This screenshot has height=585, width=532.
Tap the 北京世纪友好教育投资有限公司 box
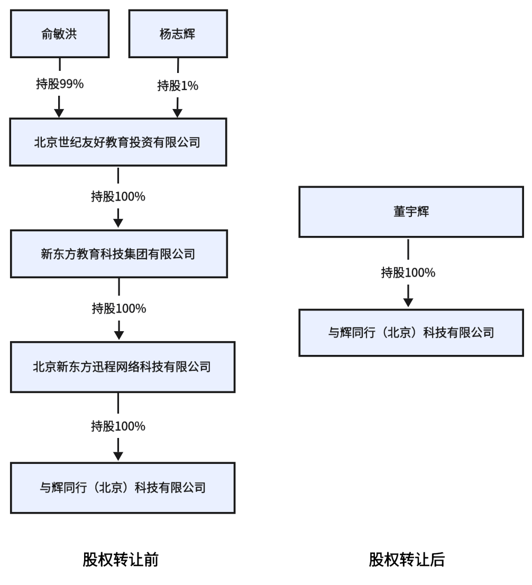(118, 142)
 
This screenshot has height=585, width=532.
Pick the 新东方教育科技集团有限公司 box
(118, 254)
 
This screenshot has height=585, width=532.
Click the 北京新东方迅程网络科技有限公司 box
(122, 367)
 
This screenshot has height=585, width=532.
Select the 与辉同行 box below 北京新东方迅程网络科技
(122, 487)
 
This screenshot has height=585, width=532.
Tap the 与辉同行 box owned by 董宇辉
(411, 332)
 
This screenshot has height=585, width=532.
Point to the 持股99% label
(59, 84)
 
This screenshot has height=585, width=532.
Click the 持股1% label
(178, 85)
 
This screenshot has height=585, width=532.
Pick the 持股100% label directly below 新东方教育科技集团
(119, 308)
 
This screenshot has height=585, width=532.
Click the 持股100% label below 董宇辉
(408, 272)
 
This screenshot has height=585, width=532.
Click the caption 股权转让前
(121, 560)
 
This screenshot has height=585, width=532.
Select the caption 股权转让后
(407, 560)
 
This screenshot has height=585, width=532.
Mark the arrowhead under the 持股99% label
(59, 112)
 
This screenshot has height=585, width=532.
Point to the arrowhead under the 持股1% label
(178, 112)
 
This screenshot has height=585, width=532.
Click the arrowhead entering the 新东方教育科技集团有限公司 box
(118, 224)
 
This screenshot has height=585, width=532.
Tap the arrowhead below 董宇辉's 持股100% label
(408, 302)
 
